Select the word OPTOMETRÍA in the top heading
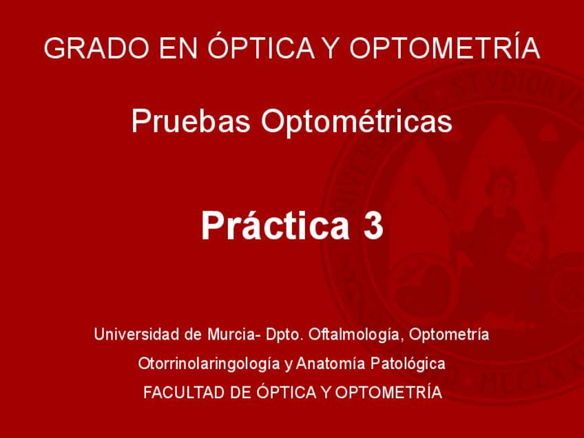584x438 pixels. (x=445, y=48)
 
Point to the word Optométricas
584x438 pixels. (x=356, y=122)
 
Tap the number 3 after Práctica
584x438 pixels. (x=372, y=226)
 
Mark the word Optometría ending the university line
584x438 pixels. (x=450, y=335)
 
